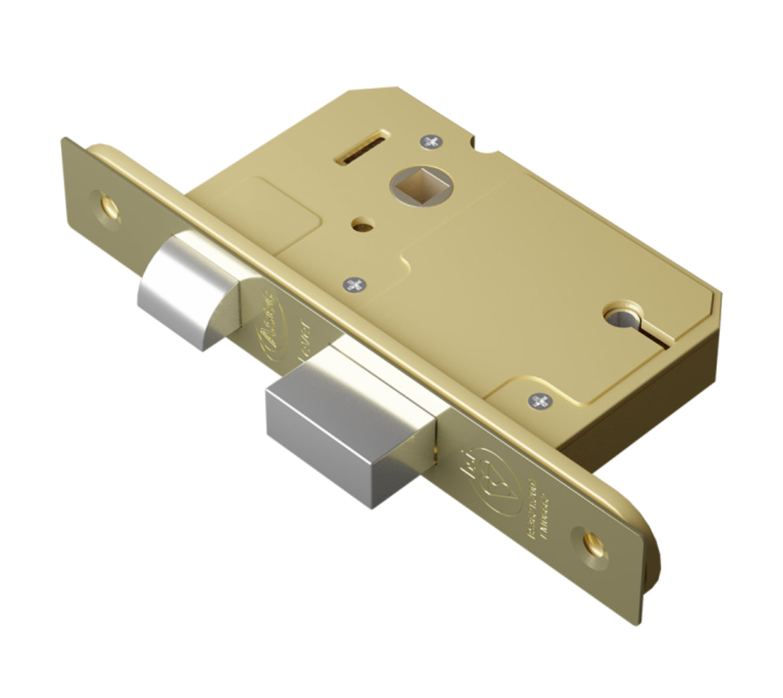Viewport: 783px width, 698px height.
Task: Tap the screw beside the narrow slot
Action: click(430, 141)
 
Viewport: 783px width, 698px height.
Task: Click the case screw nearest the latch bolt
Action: click(355, 285)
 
